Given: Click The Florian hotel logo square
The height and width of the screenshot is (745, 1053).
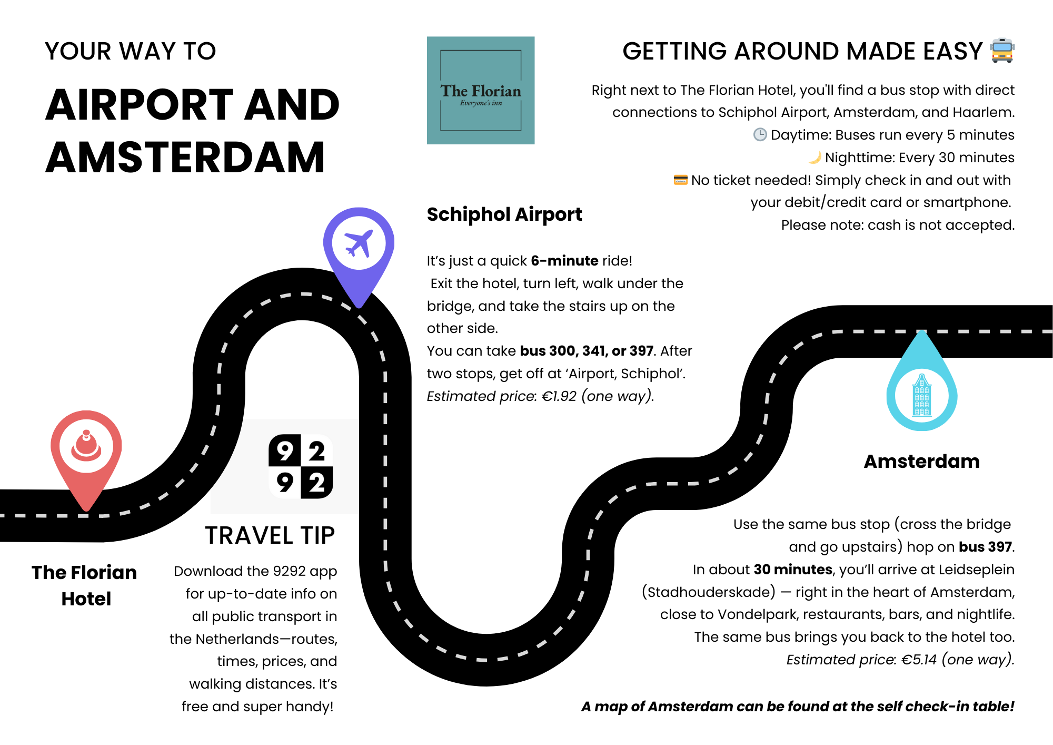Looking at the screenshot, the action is coord(481,90).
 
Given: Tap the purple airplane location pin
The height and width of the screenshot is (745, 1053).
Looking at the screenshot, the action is coord(359,244).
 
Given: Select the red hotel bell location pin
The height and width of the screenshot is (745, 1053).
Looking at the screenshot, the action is coord(86,448).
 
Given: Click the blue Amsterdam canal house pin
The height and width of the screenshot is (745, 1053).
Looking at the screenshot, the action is coord(922,395).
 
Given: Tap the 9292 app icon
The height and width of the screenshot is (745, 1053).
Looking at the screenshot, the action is coord(301,466).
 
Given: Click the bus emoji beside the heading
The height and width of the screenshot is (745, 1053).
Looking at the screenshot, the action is coord(1002,51).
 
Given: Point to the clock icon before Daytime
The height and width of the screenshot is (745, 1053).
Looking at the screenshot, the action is coord(760,135).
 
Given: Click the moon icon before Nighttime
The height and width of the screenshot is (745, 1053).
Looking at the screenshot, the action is coord(814,158).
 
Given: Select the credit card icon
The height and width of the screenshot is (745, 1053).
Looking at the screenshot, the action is coord(680,180).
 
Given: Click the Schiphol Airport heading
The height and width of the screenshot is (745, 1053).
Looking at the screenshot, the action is coord(504,214).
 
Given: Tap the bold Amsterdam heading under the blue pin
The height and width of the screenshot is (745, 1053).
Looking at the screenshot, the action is coord(921,462).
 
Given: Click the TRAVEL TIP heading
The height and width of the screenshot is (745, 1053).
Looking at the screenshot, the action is coord(270,535).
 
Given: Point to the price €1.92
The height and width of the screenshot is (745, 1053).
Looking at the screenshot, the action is coord(559,396).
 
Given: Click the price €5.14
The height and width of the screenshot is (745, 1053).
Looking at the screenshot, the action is coord(919,660).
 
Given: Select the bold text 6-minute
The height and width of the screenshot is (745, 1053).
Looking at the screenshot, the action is coord(564,261).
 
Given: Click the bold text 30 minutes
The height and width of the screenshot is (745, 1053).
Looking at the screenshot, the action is coord(793,570).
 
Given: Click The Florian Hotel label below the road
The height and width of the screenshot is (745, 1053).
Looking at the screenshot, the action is coord(85,585).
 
